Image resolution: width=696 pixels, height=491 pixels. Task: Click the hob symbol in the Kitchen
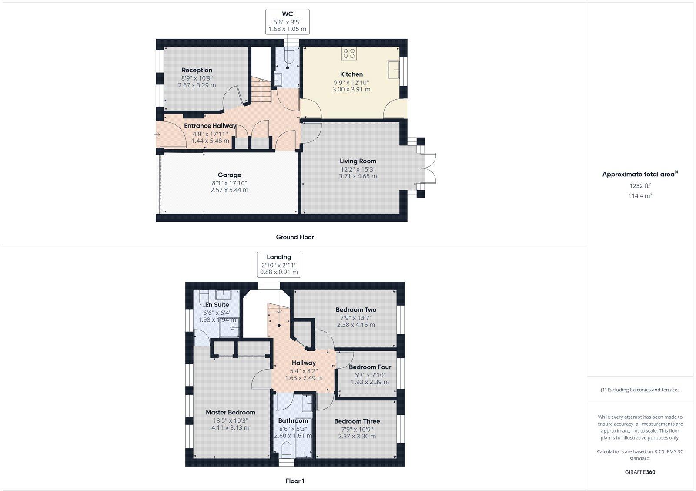(349, 54)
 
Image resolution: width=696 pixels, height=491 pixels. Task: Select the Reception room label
(197, 70)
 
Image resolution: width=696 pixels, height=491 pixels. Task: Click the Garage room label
(229, 175)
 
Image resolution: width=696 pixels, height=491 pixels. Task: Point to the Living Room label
(358, 161)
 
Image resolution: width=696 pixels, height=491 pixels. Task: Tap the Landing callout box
(279, 264)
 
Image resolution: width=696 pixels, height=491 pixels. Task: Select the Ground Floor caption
(294, 237)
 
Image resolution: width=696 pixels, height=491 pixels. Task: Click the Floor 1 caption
(294, 481)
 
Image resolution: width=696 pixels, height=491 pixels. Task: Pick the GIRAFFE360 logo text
(640, 472)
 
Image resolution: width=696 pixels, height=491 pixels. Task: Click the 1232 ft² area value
(640, 186)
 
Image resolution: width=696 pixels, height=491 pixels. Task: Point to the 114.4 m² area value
(640, 196)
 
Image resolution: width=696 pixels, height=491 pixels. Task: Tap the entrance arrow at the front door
(157, 135)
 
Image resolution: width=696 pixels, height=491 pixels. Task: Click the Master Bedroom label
(231, 412)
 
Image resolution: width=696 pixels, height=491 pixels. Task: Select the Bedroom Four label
(370, 367)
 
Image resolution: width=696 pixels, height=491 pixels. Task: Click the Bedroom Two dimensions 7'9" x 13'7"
(356, 318)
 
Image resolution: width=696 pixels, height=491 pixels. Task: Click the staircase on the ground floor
(261, 91)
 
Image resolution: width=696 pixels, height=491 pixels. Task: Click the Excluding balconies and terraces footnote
(640, 390)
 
